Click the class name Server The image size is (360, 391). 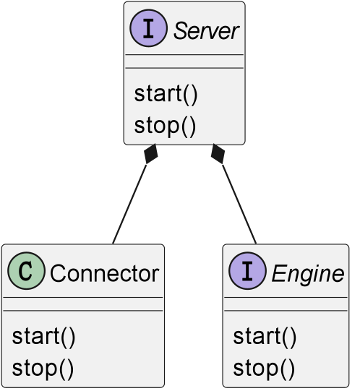point(206,30)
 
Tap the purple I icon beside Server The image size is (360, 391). point(148,28)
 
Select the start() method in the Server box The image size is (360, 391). point(166,94)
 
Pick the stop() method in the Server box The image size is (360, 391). point(165,126)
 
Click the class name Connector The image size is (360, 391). point(105,273)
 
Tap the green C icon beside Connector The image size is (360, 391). point(27,271)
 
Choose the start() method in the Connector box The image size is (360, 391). point(43,336)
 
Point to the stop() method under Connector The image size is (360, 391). point(43,368)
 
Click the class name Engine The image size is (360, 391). point(308,273)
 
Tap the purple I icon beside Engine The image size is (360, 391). point(247,271)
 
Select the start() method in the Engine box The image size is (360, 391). point(265,336)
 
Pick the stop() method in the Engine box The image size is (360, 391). point(264,368)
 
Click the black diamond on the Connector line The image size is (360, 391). point(150,154)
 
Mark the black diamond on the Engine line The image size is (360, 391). point(218,154)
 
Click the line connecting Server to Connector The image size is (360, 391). point(129,204)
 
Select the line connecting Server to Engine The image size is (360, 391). point(239,204)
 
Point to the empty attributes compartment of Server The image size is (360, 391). point(184,61)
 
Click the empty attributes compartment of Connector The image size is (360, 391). point(83,304)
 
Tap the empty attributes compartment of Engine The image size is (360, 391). point(286,304)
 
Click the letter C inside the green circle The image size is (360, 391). point(26,271)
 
